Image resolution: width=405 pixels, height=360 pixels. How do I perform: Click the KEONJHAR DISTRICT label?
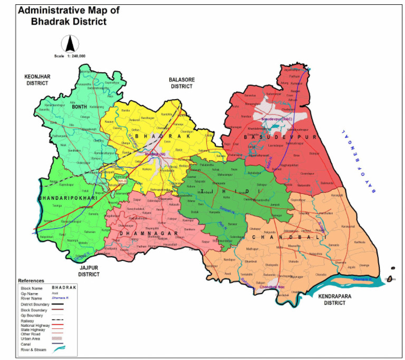(x=37, y=80)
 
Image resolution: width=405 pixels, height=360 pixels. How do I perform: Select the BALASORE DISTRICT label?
(x=181, y=83)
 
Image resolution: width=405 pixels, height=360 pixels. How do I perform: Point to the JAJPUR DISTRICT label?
(x=89, y=271)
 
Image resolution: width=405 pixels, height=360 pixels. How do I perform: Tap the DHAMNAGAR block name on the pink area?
(x=142, y=232)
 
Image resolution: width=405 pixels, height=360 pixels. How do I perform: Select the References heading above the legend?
(x=31, y=281)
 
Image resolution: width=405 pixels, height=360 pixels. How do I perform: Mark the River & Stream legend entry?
(x=33, y=349)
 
